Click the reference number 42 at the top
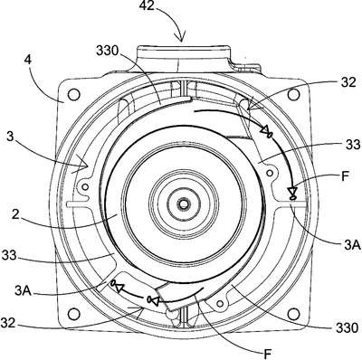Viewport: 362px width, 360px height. tap(146, 5)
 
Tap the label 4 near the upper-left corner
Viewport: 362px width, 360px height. tap(27, 62)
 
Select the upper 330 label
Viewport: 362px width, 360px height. tap(108, 52)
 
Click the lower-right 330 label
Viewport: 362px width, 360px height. tap(347, 327)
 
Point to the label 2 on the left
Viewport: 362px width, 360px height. tap(15, 214)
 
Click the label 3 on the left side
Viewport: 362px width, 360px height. tap(10, 137)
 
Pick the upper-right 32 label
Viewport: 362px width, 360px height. tap(349, 82)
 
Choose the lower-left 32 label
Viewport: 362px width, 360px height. tap(8, 323)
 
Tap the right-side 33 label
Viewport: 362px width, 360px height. tap(353, 145)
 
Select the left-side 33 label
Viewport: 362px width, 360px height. tap(8, 255)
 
